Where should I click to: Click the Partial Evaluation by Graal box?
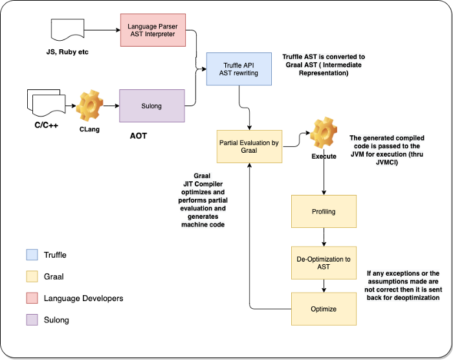click(x=249, y=147)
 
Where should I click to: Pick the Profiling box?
click(x=324, y=211)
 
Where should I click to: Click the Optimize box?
click(x=324, y=309)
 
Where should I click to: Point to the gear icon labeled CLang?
click(x=91, y=105)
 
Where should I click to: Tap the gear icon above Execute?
click(x=323, y=135)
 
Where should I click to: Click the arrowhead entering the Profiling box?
click(x=324, y=192)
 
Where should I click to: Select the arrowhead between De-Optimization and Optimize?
click(x=324, y=289)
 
